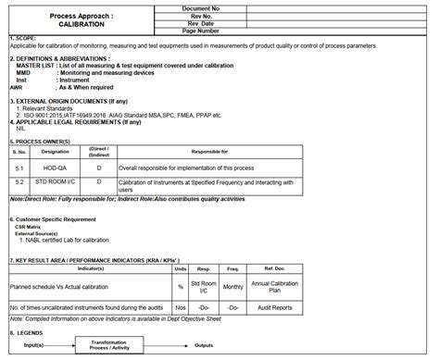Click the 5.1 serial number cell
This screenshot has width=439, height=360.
pyautogui.click(x=19, y=168)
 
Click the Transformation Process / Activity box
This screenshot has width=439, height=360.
pyautogui.click(x=120, y=343)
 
